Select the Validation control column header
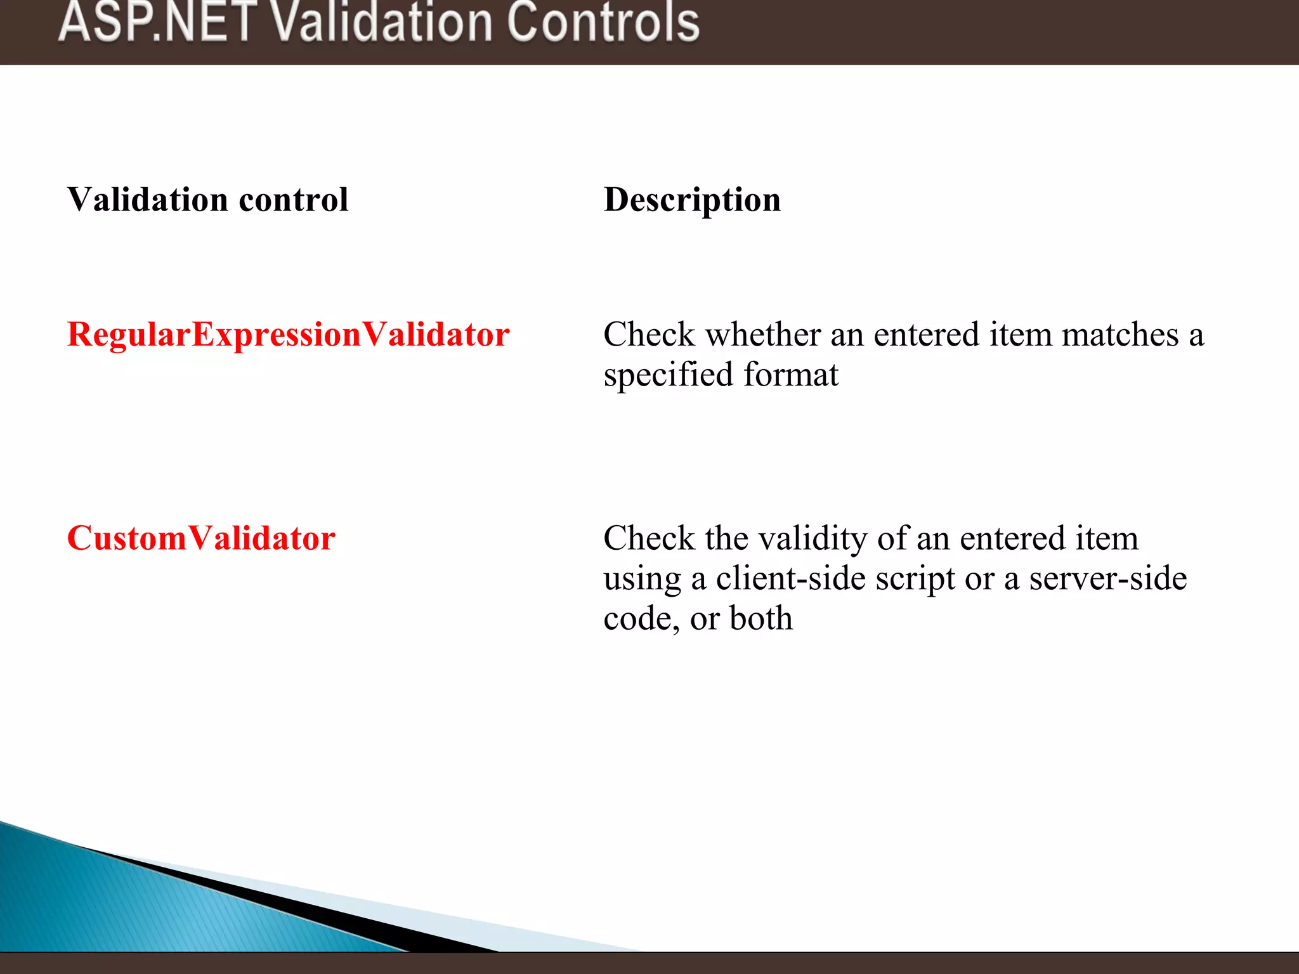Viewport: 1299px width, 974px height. point(207,200)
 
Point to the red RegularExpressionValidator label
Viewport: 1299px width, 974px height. point(288,335)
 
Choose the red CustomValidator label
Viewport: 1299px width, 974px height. point(201,538)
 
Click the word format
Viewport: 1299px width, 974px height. point(791,375)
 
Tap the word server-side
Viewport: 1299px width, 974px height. point(1107,579)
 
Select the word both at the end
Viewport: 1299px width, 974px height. point(760,618)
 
